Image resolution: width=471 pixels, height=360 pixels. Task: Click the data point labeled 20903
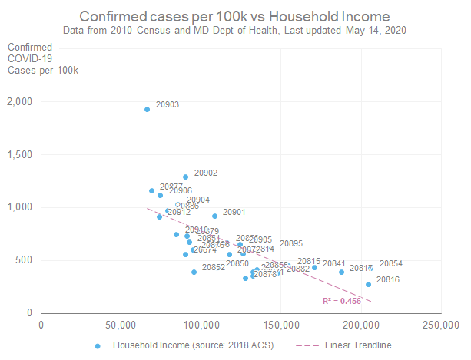tap(147, 109)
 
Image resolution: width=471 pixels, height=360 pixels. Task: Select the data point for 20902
tap(185, 177)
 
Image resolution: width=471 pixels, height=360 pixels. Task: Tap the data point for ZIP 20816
tap(368, 284)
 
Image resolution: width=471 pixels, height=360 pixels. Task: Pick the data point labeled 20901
tap(215, 216)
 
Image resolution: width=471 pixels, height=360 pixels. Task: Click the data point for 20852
tap(194, 272)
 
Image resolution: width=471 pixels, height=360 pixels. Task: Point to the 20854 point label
tap(390, 263)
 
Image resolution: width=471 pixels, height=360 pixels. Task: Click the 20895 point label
tap(290, 243)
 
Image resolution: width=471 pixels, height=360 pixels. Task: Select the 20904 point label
tap(197, 200)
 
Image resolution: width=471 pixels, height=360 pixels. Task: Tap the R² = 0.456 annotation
tap(341, 301)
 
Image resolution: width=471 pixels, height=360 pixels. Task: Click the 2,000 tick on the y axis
tap(24, 102)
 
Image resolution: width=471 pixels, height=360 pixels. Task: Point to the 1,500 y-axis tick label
tap(24, 154)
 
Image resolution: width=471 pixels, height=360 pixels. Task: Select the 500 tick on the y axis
tap(28, 259)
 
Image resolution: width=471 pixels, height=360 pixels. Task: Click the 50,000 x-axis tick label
tap(121, 324)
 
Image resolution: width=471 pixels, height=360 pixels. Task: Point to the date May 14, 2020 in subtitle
tap(379, 30)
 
